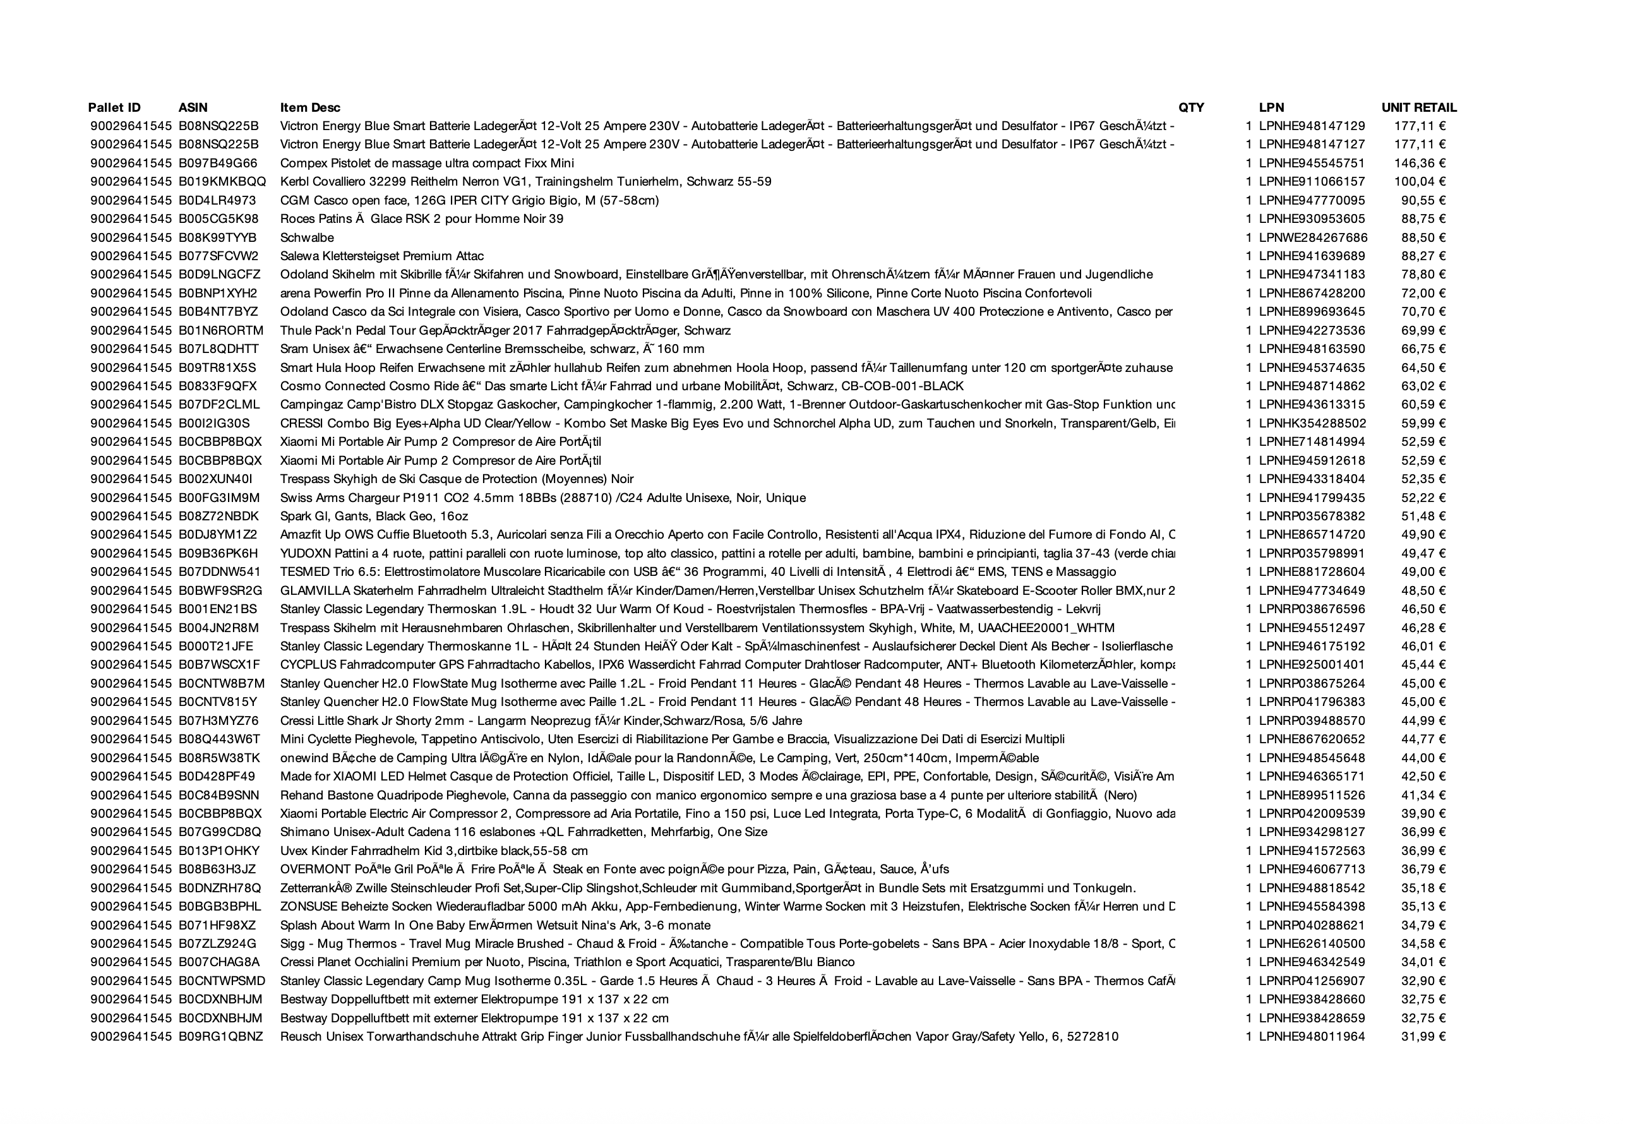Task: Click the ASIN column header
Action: pyautogui.click(x=193, y=108)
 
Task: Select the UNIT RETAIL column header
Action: pyautogui.click(x=1418, y=108)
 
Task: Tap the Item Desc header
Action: pyautogui.click(x=310, y=108)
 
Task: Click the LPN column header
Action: pyautogui.click(x=1271, y=108)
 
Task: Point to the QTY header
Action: pyautogui.click(x=1191, y=108)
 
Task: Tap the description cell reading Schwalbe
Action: pyautogui.click(x=307, y=238)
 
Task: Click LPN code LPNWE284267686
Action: pyautogui.click(x=1312, y=238)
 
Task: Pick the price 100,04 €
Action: pyautogui.click(x=1420, y=182)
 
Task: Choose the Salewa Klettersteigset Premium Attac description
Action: pyautogui.click(x=381, y=256)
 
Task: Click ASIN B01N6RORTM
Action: pyautogui.click(x=220, y=331)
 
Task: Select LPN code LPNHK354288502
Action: pyautogui.click(x=1312, y=424)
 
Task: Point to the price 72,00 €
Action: pyautogui.click(x=1423, y=294)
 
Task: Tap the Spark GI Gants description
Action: pyautogui.click(x=374, y=517)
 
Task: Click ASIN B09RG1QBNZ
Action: pyautogui.click(x=220, y=1037)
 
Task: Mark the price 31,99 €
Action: pyautogui.click(x=1423, y=1037)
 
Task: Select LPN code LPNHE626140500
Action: pyautogui.click(x=1311, y=943)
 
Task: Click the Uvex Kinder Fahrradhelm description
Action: pyautogui.click(x=434, y=851)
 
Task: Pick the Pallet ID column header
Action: pyautogui.click(x=114, y=108)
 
